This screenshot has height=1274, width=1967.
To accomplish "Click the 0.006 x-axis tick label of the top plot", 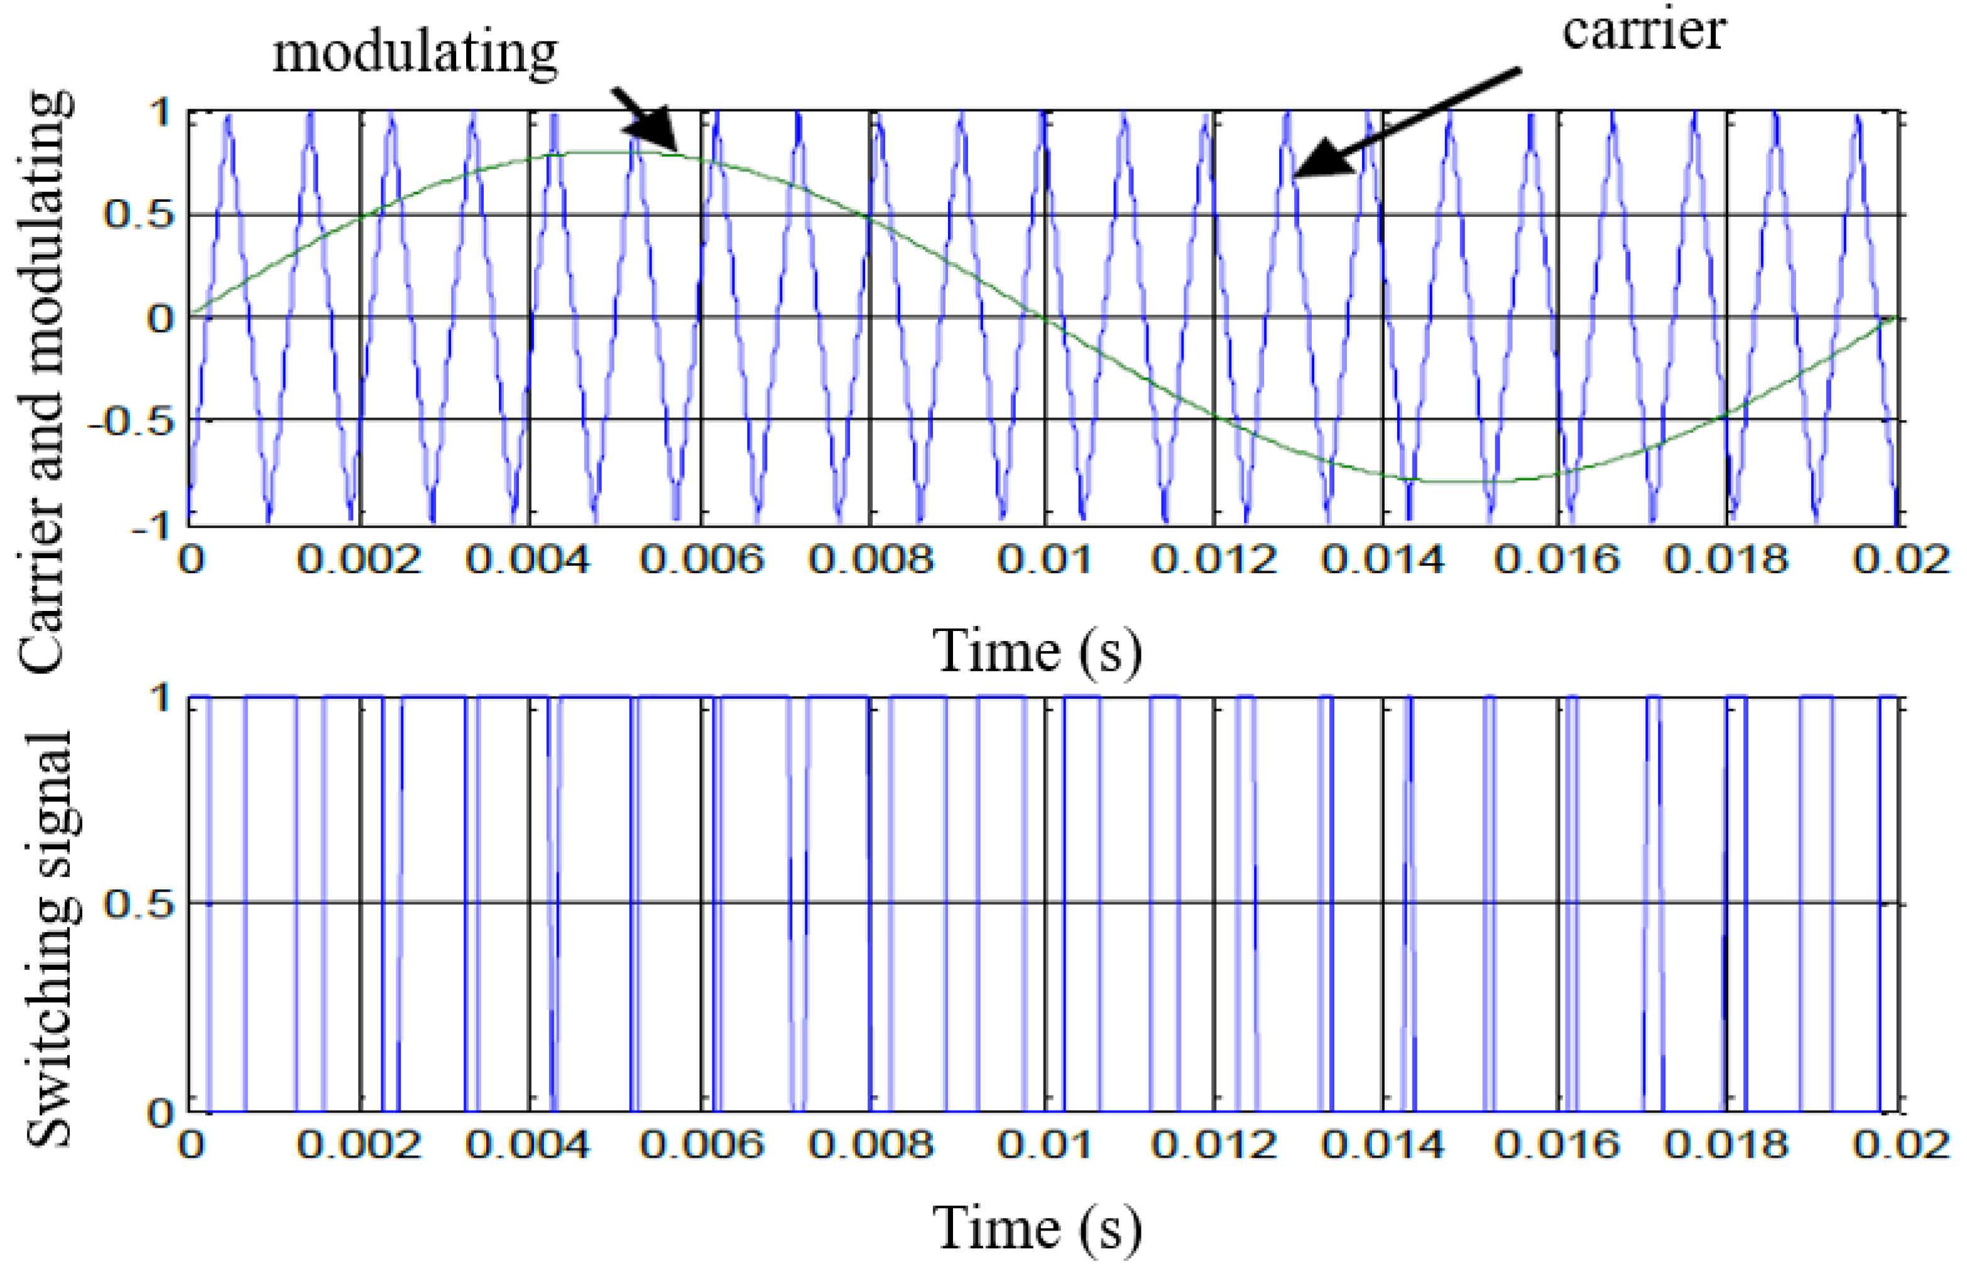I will pyautogui.click(x=702, y=561).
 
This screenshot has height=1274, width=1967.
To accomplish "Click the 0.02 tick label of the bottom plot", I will pyautogui.click(x=1901, y=1145).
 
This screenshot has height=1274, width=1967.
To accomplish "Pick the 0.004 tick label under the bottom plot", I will pyautogui.click(x=527, y=1145).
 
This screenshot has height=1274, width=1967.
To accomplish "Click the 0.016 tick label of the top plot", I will pyautogui.click(x=1557, y=561).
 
